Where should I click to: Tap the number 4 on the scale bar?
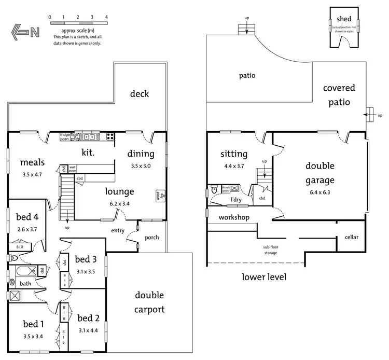point(106,17)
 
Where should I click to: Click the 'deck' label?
point(140,93)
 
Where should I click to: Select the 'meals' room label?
point(32,163)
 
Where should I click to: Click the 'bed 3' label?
point(86,259)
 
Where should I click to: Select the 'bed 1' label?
point(33,324)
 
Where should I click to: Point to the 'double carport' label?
point(149,302)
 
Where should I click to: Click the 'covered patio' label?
point(339,94)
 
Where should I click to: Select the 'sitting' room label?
point(233,154)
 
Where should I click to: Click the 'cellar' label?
point(351,237)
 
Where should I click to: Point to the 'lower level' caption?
point(264,277)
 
